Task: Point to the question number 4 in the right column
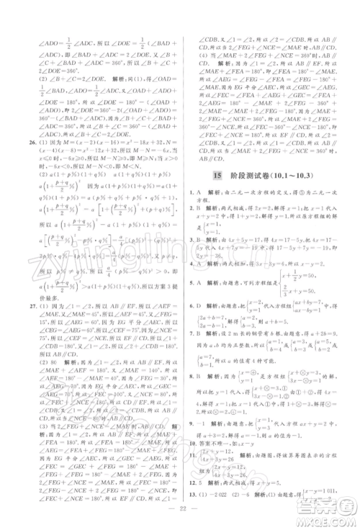click(191, 263)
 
